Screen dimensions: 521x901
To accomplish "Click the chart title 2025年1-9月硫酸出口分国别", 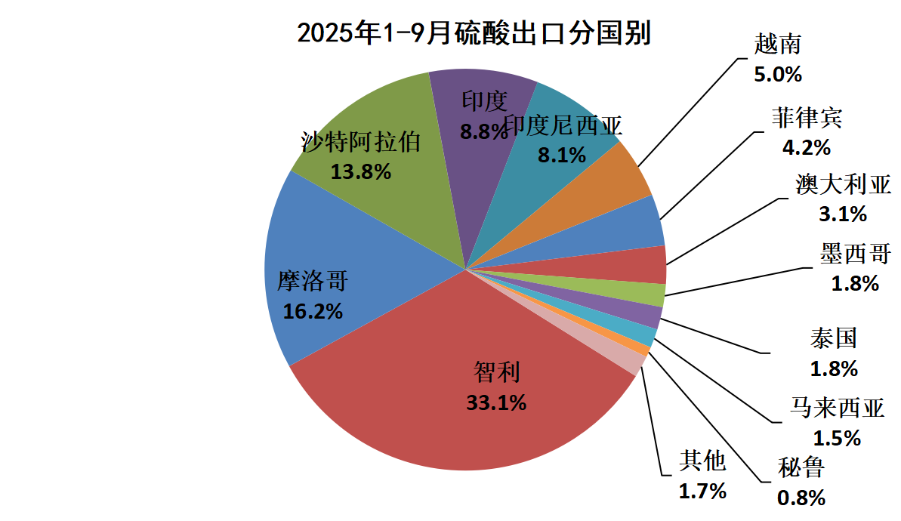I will [474, 34].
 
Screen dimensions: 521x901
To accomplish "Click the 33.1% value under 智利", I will [496, 403].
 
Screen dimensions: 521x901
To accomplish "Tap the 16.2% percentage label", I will [313, 311].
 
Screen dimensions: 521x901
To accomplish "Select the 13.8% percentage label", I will [361, 171].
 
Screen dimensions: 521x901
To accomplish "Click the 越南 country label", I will [777, 45].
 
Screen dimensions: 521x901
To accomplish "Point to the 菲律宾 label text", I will [807, 118].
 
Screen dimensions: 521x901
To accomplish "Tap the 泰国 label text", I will [833, 338].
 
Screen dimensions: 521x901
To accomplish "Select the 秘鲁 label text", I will [801, 468].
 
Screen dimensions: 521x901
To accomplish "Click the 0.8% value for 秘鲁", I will [801, 498].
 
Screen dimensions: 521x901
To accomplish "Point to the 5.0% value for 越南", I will [777, 75].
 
